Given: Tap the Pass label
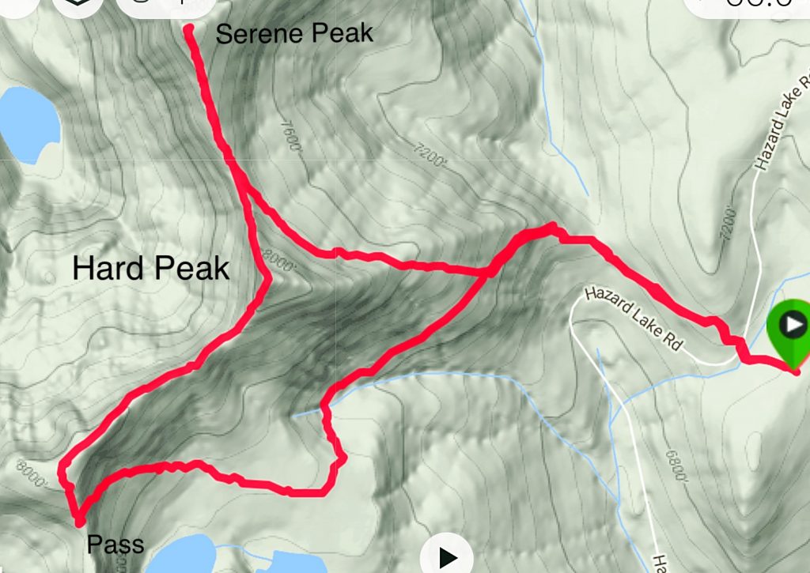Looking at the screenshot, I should tap(115, 545).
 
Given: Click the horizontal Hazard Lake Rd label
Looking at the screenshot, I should tap(634, 319).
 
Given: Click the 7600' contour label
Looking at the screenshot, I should tap(290, 137).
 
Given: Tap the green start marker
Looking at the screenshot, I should tap(789, 326).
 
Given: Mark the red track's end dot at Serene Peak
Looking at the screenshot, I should tap(190, 30).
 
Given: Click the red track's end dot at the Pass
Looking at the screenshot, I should tap(79, 521).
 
